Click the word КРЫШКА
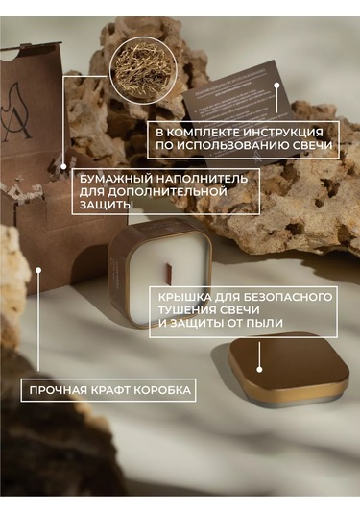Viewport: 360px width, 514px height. click(187, 297)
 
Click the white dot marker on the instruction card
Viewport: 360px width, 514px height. click(277, 85)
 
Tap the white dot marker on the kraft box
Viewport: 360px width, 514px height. click(37, 270)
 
